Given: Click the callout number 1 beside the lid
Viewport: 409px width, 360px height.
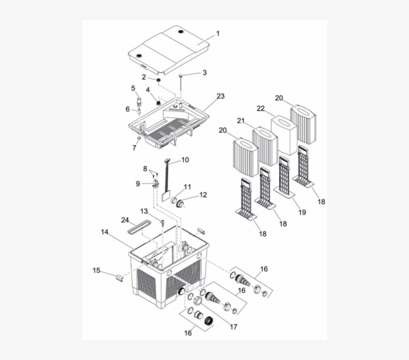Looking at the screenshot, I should pyautogui.click(x=217, y=33).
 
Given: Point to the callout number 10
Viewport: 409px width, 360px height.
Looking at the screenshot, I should pyautogui.click(x=185, y=160).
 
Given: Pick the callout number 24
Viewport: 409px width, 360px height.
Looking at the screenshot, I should pyautogui.click(x=125, y=220).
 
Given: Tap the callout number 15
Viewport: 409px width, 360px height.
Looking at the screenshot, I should pyautogui.click(x=96, y=270).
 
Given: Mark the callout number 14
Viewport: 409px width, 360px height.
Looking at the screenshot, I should pyautogui.click(x=105, y=232).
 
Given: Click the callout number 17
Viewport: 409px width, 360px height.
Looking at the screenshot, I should pyautogui.click(x=233, y=327).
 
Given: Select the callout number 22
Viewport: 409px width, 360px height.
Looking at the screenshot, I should pyautogui.click(x=260, y=109).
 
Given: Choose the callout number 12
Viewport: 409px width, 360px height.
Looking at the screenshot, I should pyautogui.click(x=203, y=195).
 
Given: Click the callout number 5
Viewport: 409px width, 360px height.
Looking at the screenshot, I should pyautogui.click(x=133, y=88).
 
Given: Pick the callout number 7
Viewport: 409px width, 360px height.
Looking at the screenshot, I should pyautogui.click(x=133, y=148).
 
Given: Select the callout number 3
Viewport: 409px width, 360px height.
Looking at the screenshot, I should pyautogui.click(x=204, y=72).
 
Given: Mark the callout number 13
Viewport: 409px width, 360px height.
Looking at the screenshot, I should pyautogui.click(x=144, y=211).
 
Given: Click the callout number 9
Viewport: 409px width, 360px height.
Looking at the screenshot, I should pyautogui.click(x=138, y=183).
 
